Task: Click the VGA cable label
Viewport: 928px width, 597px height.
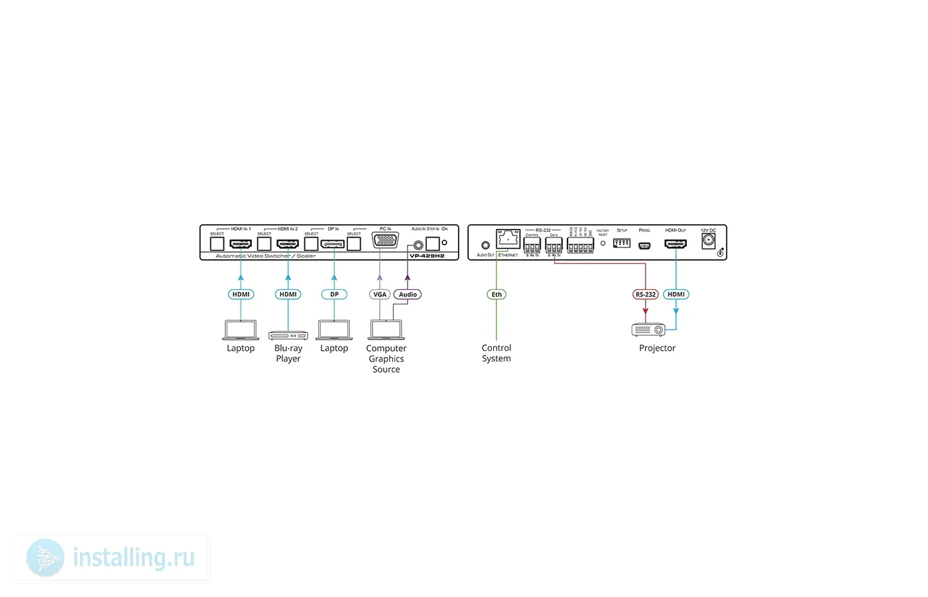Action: tap(379, 295)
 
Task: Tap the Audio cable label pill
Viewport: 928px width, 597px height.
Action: tap(408, 295)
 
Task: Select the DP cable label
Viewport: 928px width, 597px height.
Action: tap(334, 295)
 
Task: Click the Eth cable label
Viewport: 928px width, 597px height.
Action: tap(496, 295)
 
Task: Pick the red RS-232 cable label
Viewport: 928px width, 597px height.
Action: tap(645, 295)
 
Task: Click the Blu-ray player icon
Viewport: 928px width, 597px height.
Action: tap(288, 336)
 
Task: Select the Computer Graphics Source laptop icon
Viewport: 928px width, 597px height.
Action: tap(386, 330)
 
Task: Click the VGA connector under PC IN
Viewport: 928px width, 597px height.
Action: tap(385, 240)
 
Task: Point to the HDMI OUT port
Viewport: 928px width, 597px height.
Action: tap(675, 243)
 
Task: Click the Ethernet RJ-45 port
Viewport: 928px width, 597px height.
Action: tap(508, 239)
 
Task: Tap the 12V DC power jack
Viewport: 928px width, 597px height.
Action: tap(709, 241)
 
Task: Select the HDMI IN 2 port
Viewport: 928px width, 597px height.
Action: tap(288, 243)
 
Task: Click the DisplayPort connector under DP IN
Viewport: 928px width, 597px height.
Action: tap(333, 243)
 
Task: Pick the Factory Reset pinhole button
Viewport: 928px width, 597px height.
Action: tap(603, 243)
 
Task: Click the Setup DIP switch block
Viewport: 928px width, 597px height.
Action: tap(622, 243)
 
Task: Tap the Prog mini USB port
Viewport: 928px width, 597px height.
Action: tap(644, 245)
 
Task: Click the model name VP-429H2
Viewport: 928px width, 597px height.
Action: tap(427, 256)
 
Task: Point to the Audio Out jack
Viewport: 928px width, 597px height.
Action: tap(485, 245)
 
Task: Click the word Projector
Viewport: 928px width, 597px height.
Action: tap(657, 348)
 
